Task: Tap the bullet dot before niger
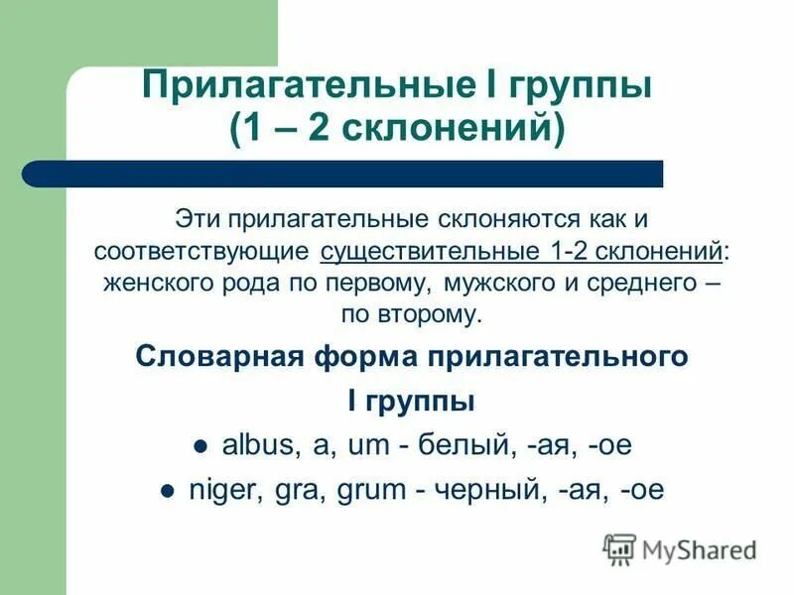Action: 169,491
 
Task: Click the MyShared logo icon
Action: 619,548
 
